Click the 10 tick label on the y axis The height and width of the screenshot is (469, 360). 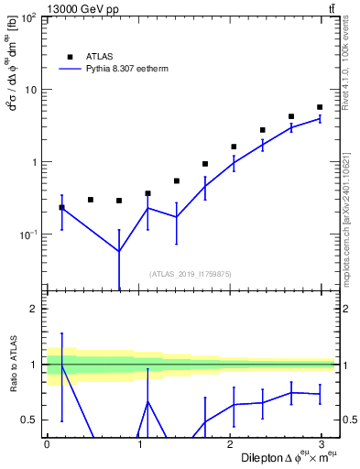29,90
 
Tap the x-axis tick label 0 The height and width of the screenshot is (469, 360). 47,444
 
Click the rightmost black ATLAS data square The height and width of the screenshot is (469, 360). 320,107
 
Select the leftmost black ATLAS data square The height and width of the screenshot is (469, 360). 61,207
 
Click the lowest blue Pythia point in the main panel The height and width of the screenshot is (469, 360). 119,251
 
